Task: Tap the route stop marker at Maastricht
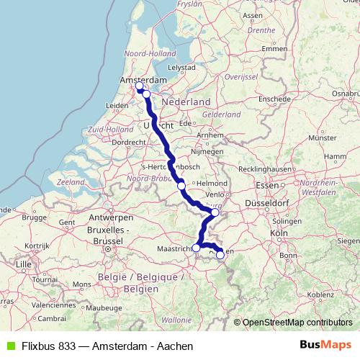click(197, 248)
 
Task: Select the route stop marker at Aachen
click(220, 255)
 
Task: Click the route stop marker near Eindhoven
click(181, 186)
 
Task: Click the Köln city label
click(279, 233)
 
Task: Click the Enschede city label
click(276, 99)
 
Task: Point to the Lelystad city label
click(181, 68)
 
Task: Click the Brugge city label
click(34, 217)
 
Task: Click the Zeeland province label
click(71, 183)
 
